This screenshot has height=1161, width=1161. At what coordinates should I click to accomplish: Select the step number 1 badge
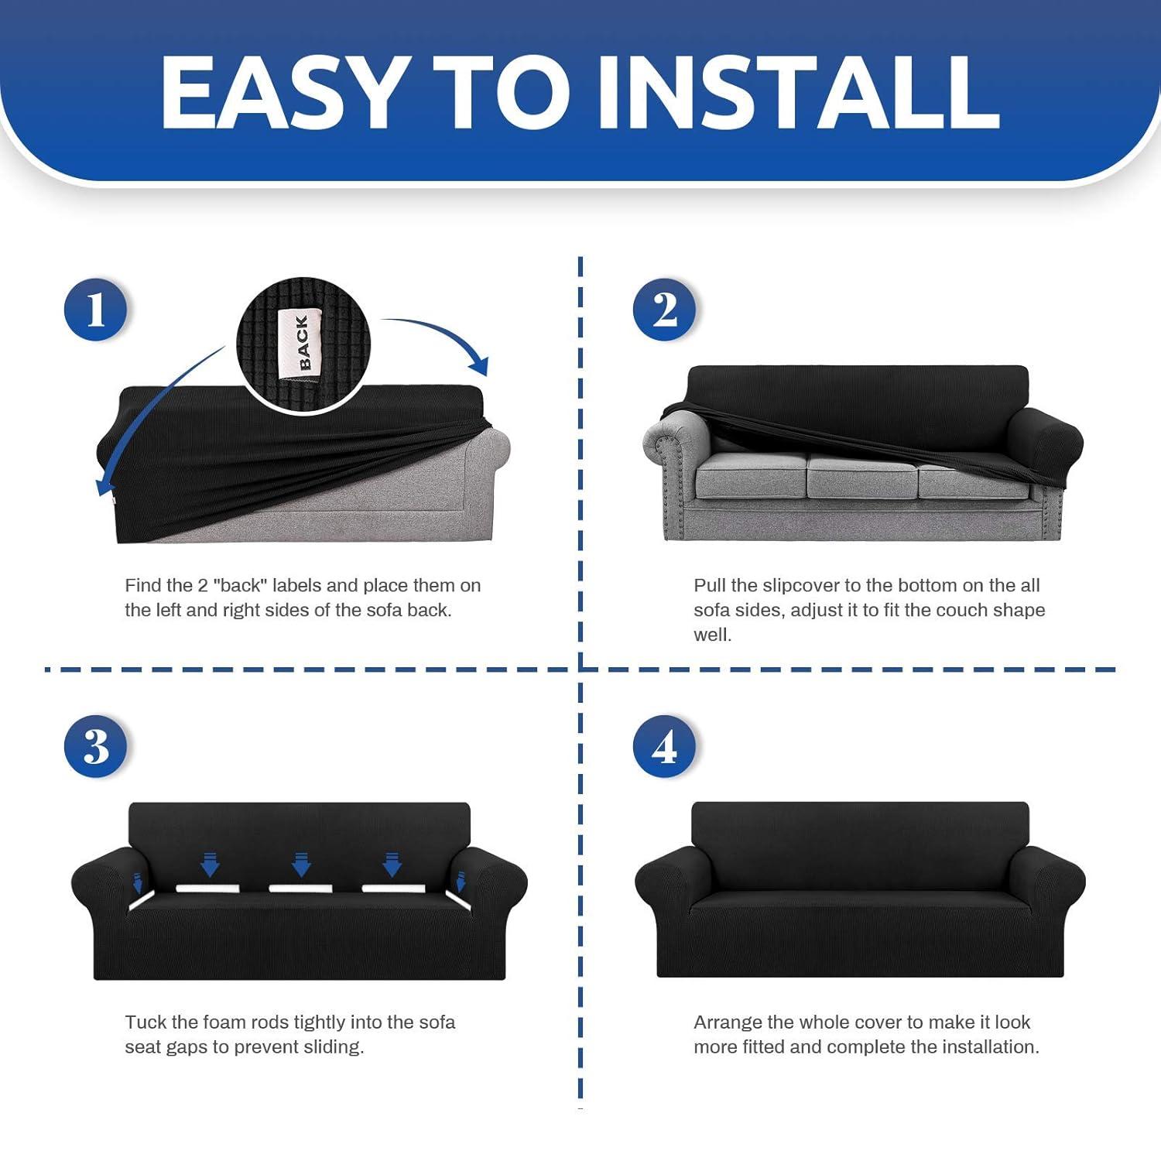pos(95,310)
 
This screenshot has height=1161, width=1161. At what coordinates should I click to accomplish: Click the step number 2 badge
pos(664,310)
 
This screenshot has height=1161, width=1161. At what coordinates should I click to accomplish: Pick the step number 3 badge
pos(95,747)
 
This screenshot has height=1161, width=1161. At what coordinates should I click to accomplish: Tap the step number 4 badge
pos(664,747)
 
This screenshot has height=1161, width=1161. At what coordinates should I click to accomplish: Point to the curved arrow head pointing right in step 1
pos(481,365)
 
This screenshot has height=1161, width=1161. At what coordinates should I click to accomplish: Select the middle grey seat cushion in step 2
pos(861,474)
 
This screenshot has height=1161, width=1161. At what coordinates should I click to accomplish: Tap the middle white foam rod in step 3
pos(300,888)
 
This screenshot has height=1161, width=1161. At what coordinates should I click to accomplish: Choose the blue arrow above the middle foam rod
pos(300,863)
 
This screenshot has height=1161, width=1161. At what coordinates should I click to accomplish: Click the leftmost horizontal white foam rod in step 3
pos(207,888)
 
